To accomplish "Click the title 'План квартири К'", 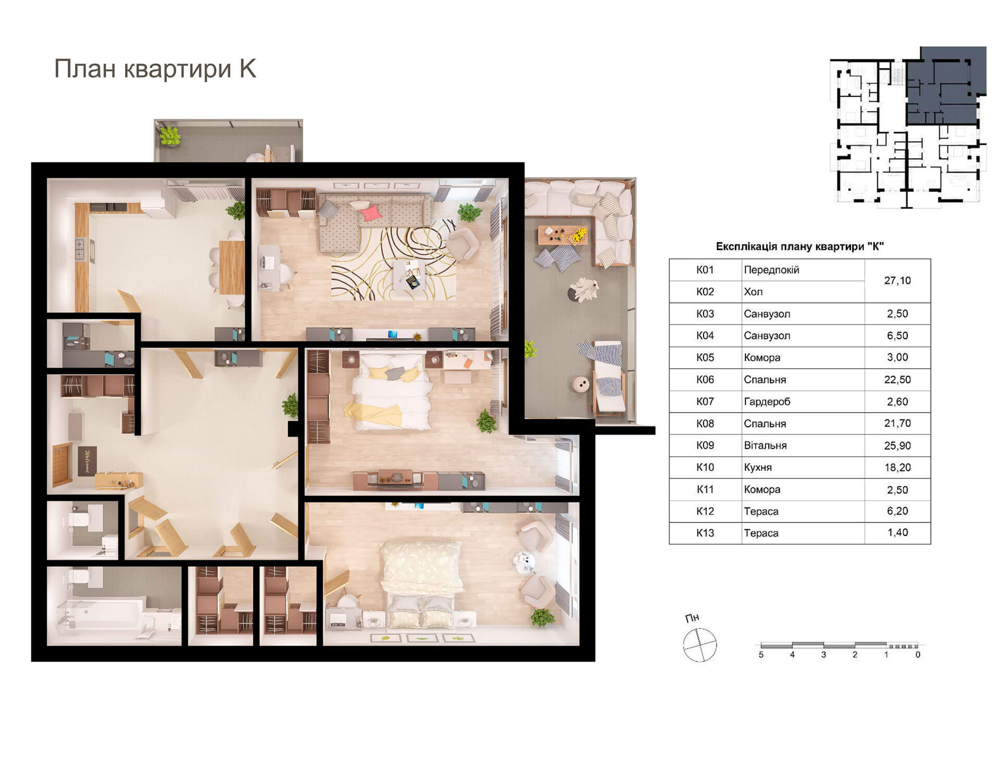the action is tap(155, 69).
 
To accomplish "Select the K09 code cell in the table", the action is tap(705, 445).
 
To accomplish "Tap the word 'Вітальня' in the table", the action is tap(765, 445).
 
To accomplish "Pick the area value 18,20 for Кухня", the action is tap(897, 467).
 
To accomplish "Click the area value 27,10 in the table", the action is tap(897, 281).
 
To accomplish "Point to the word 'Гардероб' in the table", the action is tap(767, 402).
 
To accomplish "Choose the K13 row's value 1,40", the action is tap(897, 533).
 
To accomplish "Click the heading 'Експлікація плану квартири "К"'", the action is tap(800, 246).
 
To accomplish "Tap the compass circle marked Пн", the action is tap(700, 645).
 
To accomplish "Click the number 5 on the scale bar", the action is tap(761, 655).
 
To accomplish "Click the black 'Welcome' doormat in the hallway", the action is tap(87, 461).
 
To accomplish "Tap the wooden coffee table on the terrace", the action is tap(562, 235).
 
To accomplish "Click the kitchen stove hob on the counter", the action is tap(81, 249).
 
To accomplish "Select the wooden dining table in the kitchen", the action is tap(232, 267).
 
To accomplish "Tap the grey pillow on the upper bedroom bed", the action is tap(395, 373).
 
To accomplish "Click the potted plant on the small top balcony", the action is tap(170, 136).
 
